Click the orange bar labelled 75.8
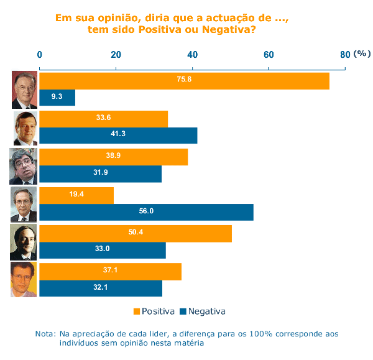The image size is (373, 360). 184,81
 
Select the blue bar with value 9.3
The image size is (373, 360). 57,98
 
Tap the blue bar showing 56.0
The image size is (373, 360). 146,212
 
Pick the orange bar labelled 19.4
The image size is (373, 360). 76,195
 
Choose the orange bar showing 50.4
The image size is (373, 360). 136,233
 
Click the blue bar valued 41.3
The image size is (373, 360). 118,136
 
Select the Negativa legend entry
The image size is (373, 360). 202,311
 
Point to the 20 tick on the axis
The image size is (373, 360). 116,55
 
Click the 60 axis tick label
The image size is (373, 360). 269,55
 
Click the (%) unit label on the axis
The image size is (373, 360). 361,54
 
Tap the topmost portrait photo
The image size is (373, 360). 24,90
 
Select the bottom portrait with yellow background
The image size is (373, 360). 24,280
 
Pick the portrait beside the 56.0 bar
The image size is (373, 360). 24,204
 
